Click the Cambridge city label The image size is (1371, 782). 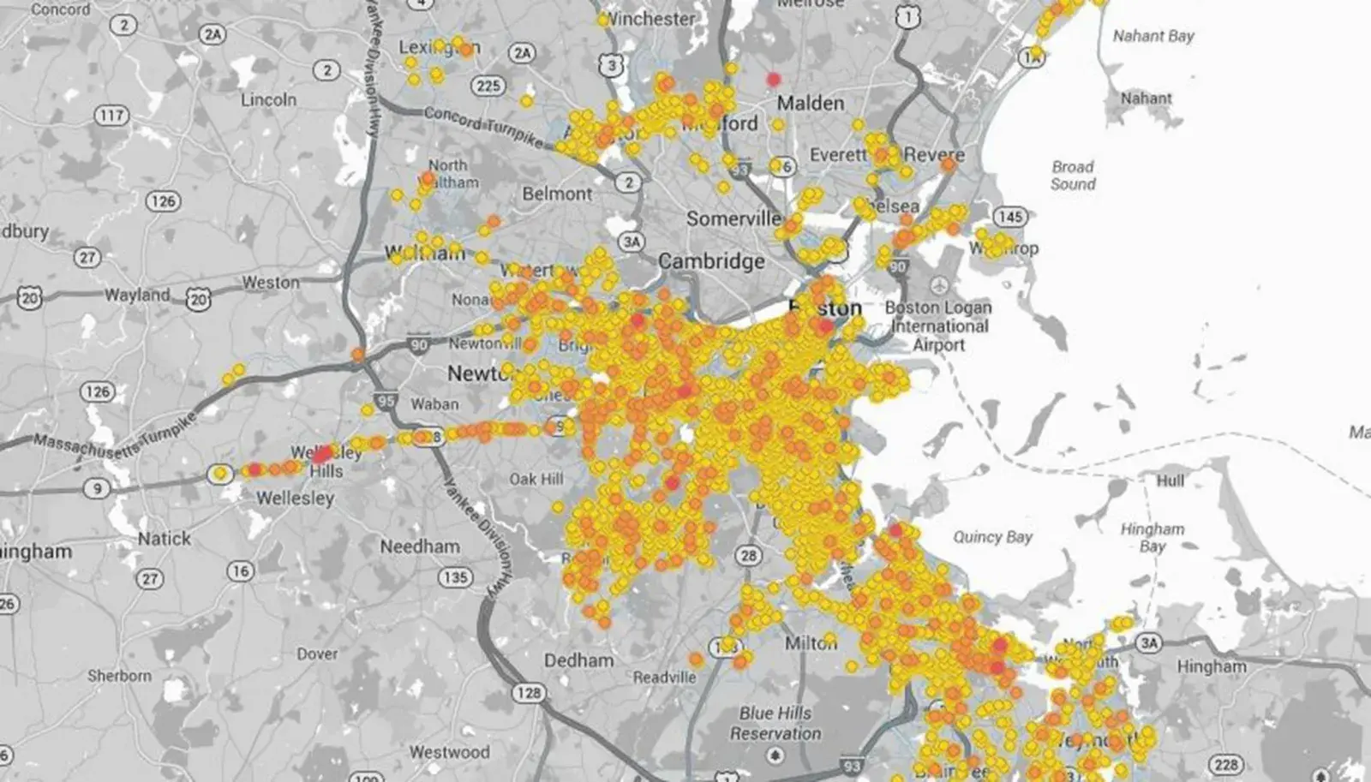(711, 261)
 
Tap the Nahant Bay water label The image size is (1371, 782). (1152, 36)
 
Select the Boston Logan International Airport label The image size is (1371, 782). (938, 325)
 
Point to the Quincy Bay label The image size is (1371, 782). (992, 537)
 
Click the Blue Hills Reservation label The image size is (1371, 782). (775, 723)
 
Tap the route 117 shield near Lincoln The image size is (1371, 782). (111, 116)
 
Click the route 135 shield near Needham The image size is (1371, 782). (456, 577)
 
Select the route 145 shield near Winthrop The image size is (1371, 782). (1010, 217)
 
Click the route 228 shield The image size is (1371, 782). (1226, 765)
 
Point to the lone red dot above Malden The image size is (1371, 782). (774, 79)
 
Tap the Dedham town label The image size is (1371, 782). (579, 660)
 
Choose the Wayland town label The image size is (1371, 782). (137, 295)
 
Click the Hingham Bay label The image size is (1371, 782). (1152, 538)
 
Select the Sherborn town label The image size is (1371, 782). (119, 676)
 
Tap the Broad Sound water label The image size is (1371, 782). (1073, 176)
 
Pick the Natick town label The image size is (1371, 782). (165, 539)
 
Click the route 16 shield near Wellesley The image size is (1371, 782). (241, 571)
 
